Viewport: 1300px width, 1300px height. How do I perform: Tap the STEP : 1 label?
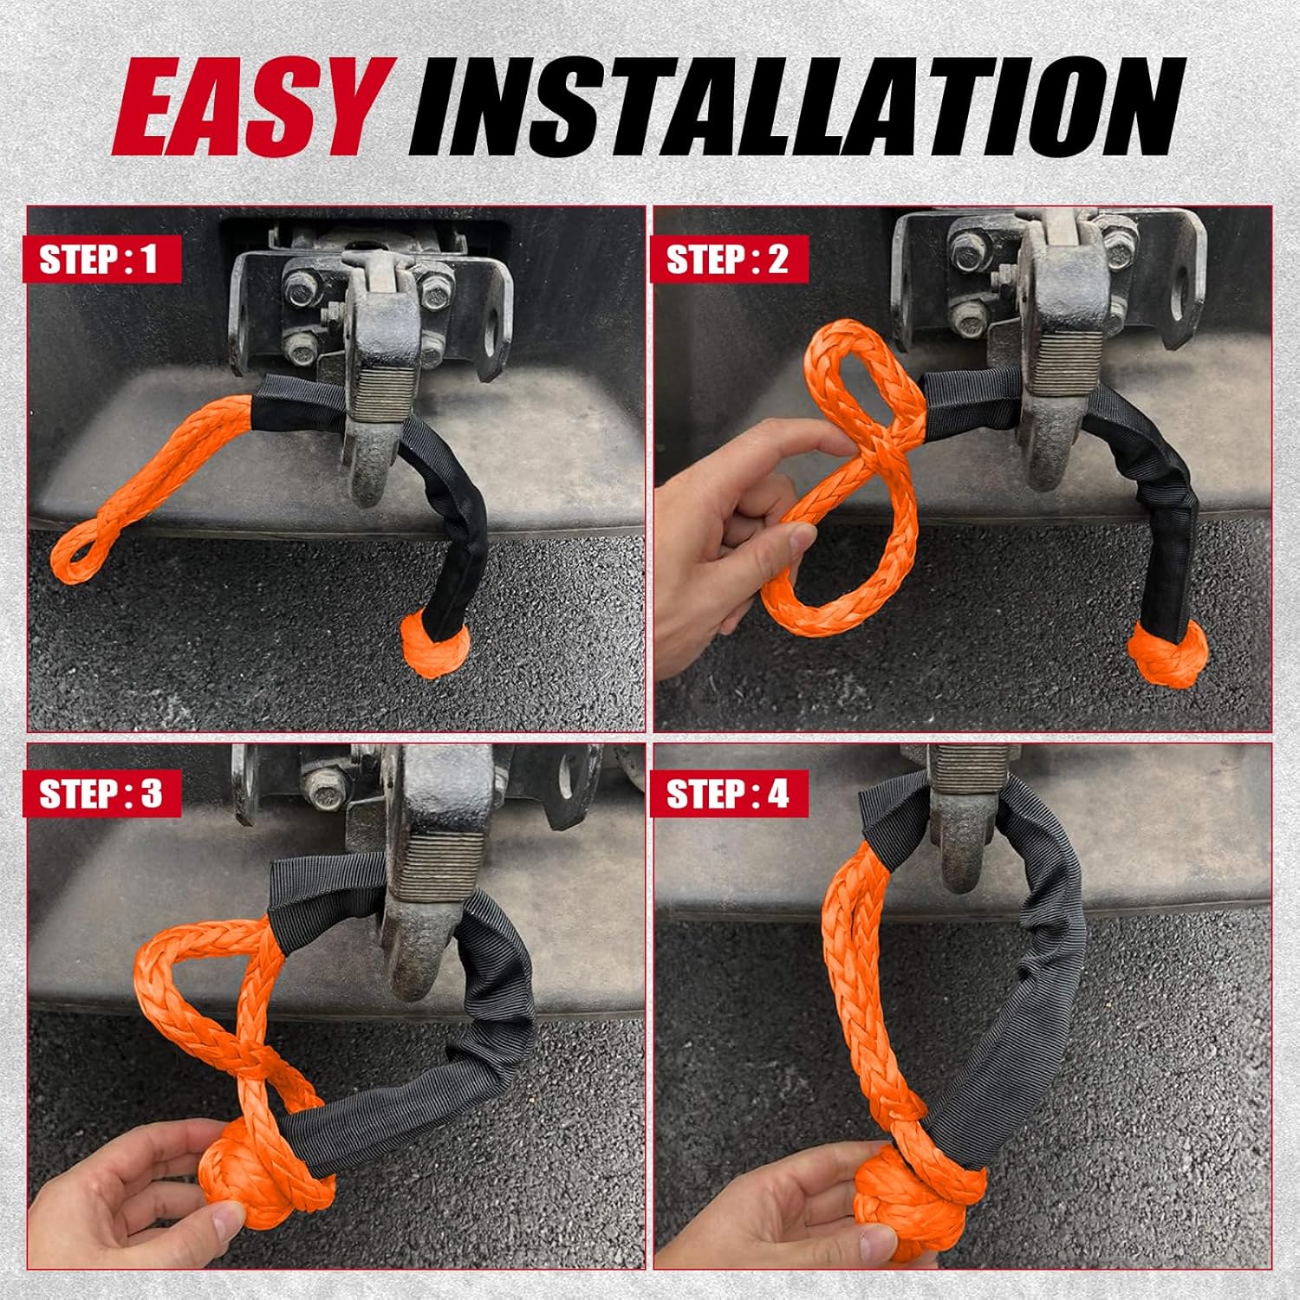click(99, 259)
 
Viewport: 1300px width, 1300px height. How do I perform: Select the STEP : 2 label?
click(727, 259)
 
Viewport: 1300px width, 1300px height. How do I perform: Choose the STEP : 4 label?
click(728, 793)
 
